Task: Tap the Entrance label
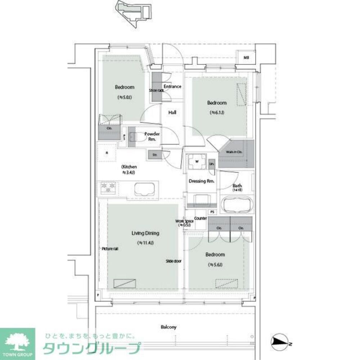pyautogui.click(x=172, y=87)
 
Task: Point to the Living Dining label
pyautogui.click(x=145, y=233)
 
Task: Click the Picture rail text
pyautogui.click(x=110, y=249)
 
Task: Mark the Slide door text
pyautogui.click(x=174, y=261)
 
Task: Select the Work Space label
pyautogui.click(x=185, y=222)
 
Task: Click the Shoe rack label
pyautogui.click(x=157, y=90)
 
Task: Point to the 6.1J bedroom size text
pyautogui.click(x=217, y=113)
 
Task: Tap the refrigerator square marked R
pyautogui.click(x=107, y=153)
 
